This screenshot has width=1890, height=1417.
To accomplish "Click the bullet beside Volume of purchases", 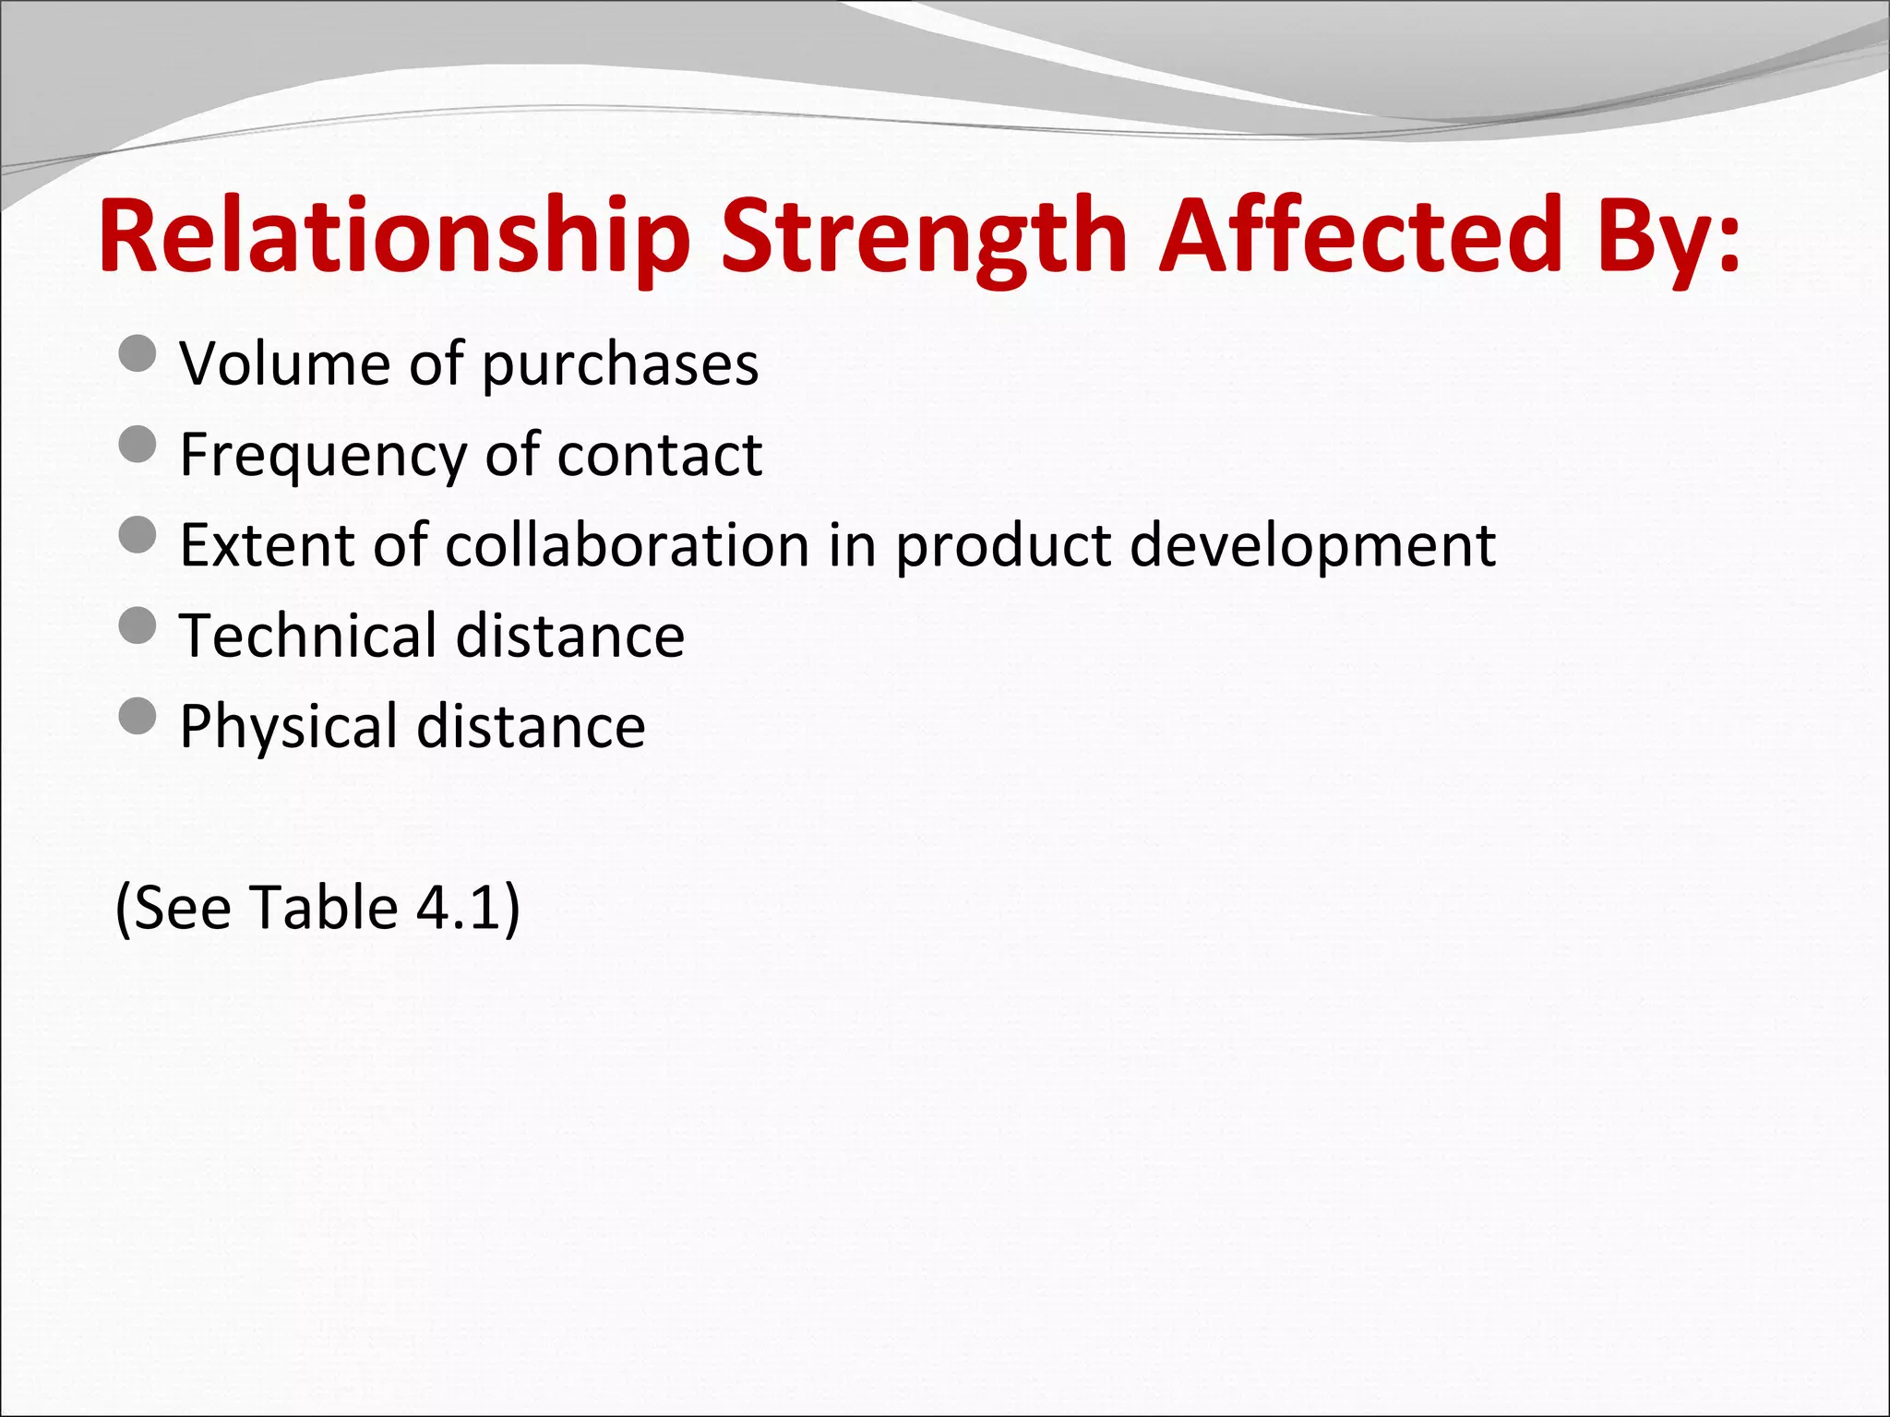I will pos(138,354).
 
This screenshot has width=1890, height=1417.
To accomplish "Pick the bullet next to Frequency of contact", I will pos(138,445).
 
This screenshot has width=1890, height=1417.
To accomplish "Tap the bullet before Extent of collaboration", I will pos(138,535).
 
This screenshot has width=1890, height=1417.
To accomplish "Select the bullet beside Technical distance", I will pos(138,626).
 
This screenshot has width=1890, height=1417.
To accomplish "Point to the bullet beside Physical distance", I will pos(138,717).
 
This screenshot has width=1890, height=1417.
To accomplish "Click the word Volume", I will pos(284,363).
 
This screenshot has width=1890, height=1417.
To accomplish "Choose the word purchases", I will pos(620,363).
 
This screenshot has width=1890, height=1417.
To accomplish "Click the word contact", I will pos(659,455).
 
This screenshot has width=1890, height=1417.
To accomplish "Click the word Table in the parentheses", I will pos(323,908).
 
